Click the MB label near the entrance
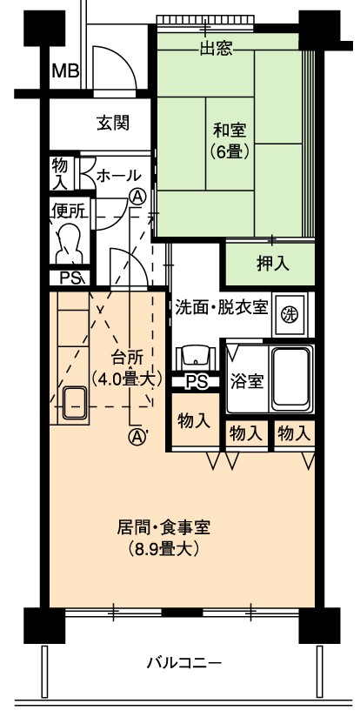pos(65,71)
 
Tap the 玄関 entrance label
pos(113,123)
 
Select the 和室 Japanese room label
pos(230,131)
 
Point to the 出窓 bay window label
pos(217,49)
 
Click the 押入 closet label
pos(273,265)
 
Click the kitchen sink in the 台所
pos(75,403)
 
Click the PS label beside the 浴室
pos(197,381)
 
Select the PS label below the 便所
pos(70,278)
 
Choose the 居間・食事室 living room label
pos(163,528)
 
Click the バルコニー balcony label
pos(184,662)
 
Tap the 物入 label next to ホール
pos(60,173)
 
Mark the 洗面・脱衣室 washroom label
pos(222,308)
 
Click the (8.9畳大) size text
pos(163,549)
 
